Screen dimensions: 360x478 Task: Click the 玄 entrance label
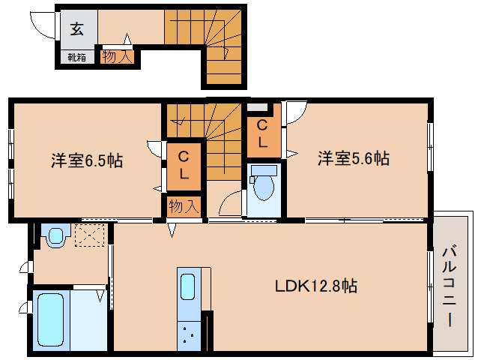tap(77, 30)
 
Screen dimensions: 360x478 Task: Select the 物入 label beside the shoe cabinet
tap(118, 56)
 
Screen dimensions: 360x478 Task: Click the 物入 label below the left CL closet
tap(184, 205)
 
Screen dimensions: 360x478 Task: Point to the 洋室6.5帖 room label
tap(87, 160)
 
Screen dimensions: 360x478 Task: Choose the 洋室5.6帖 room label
tap(352, 158)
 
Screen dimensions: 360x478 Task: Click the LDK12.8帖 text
tap(315, 286)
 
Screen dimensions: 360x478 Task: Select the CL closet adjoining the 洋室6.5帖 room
tap(184, 164)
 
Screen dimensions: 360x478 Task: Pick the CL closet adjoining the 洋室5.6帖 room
tap(264, 133)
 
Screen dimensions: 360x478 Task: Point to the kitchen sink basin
tap(187, 287)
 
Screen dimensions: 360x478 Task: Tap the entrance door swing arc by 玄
tap(41, 25)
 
